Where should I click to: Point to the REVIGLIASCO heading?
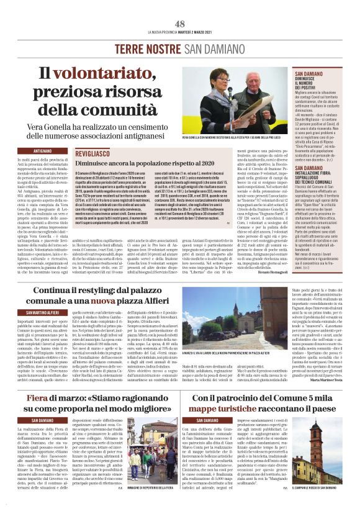point(95,151)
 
